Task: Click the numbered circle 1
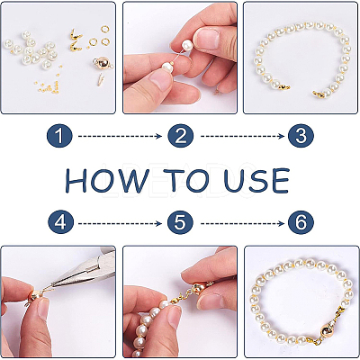pyautogui.click(x=59, y=136)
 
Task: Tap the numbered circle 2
pyautogui.click(x=181, y=136)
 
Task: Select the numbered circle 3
pyautogui.click(x=301, y=136)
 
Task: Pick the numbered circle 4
pyautogui.click(x=60, y=222)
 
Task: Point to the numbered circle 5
pyautogui.click(x=180, y=222)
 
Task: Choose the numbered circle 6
pyautogui.click(x=301, y=222)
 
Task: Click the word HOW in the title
pyautogui.click(x=107, y=180)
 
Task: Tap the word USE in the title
pyautogui.click(x=256, y=180)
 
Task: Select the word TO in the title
pyautogui.click(x=187, y=180)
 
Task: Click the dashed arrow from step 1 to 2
pyautogui.click(x=120, y=137)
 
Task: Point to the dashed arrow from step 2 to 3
pyautogui.click(x=242, y=137)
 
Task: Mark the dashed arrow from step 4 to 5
pyautogui.click(x=120, y=223)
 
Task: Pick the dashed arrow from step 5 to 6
pyautogui.click(x=242, y=223)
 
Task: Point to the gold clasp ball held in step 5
pyautogui.click(x=199, y=290)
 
